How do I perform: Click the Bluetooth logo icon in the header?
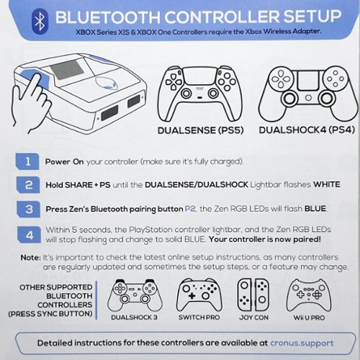(x=40, y=22)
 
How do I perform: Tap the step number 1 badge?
(x=27, y=161)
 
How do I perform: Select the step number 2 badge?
(x=28, y=185)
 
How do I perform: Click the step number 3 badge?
(x=29, y=209)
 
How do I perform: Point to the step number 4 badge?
(x=29, y=235)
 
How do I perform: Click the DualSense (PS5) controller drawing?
(x=199, y=94)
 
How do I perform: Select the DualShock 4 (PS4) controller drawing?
(x=308, y=94)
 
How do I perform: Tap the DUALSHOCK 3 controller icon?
(x=135, y=295)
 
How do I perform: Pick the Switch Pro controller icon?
(x=199, y=295)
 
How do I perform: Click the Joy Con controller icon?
(x=253, y=295)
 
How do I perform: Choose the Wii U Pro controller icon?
(x=309, y=295)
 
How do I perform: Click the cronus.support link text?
(x=302, y=343)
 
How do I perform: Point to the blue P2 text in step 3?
(x=190, y=209)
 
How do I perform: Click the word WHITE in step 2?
(x=327, y=184)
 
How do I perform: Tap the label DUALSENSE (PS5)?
(x=201, y=130)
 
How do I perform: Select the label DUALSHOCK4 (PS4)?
(x=307, y=130)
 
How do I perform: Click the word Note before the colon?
(x=30, y=258)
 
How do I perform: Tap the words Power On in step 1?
(x=64, y=161)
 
